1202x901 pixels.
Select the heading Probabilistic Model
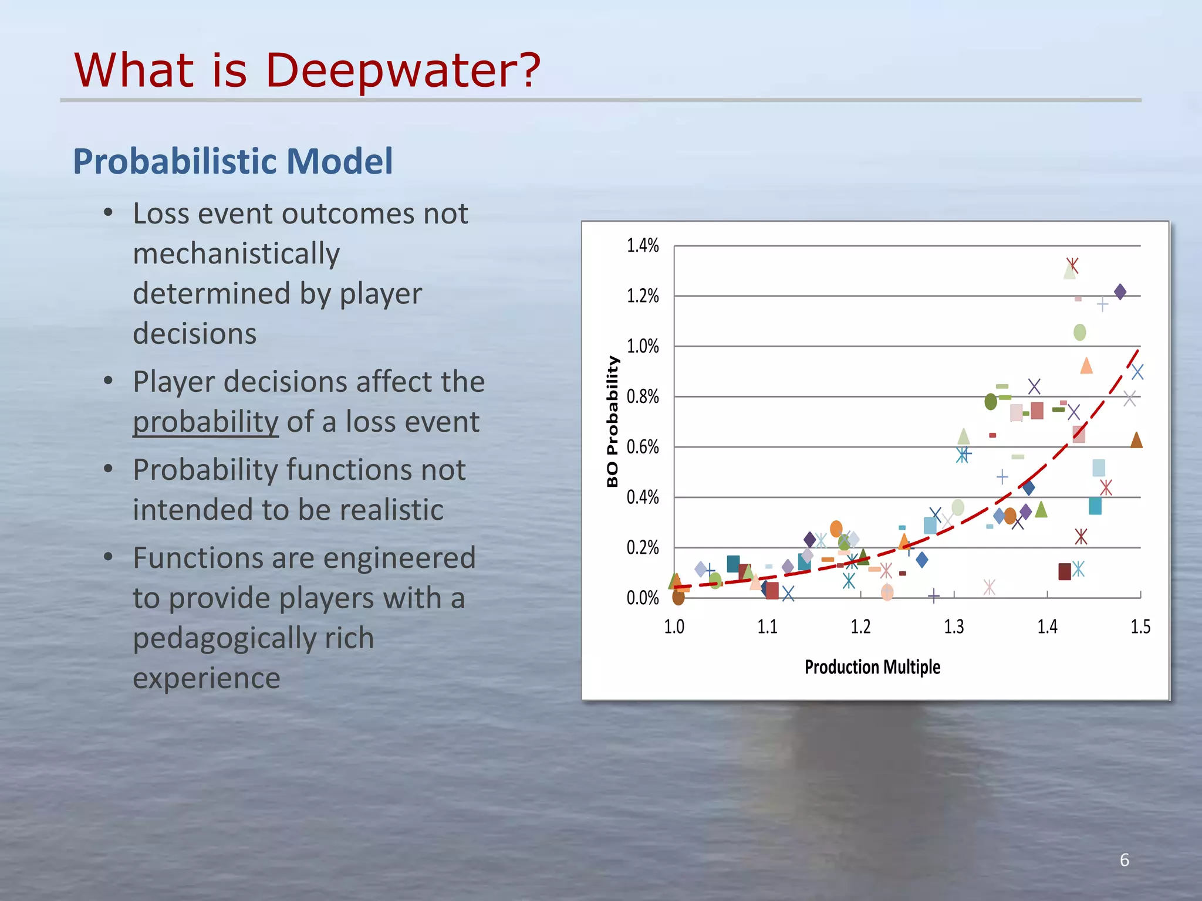[x=232, y=161]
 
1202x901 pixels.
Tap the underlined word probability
[x=205, y=422]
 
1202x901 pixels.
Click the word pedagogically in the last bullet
[x=253, y=638]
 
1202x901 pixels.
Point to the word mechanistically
[x=236, y=254]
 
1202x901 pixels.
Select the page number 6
[x=1124, y=860]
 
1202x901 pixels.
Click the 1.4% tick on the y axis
[x=643, y=246]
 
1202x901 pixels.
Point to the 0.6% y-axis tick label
[x=643, y=448]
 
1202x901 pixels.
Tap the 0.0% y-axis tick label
[x=643, y=598]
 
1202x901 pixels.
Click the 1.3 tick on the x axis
[x=954, y=627]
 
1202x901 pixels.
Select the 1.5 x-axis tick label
[x=1140, y=627]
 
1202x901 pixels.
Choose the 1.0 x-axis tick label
[x=674, y=627]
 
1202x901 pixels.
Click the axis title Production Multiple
[x=872, y=668]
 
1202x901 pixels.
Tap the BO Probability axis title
[x=613, y=421]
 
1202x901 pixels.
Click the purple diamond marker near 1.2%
[x=1120, y=292]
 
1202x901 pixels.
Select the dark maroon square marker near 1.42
[x=1065, y=571]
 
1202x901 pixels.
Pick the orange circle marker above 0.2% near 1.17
[x=836, y=529]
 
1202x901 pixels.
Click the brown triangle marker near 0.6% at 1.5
[x=1136, y=440]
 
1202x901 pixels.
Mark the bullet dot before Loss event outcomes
[x=108, y=214]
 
